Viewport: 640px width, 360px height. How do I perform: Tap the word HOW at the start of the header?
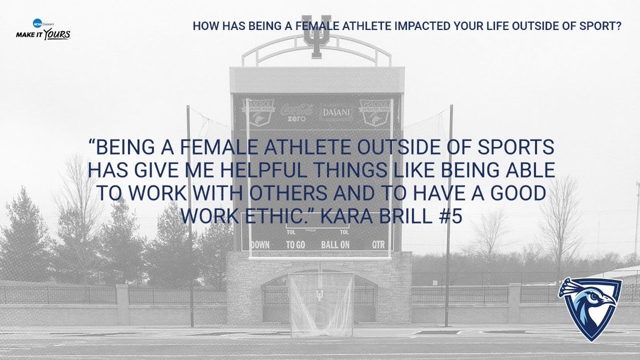coord(204,26)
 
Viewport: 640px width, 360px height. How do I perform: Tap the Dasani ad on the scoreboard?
coord(336,113)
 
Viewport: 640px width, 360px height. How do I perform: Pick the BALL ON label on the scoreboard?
coord(335,245)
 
